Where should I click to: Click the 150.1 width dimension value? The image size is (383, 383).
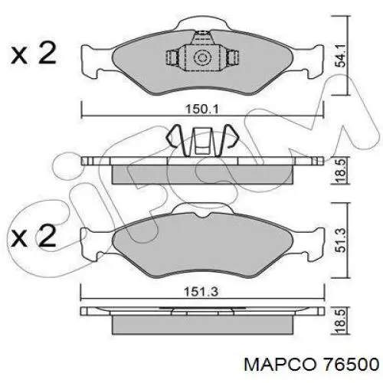(202, 110)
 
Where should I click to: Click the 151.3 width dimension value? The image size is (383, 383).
(202, 292)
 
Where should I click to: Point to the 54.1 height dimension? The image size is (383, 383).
(340, 55)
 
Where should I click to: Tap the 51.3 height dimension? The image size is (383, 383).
(340, 241)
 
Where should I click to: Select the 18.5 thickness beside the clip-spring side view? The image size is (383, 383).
(340, 170)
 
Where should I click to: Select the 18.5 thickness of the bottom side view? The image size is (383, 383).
(340, 321)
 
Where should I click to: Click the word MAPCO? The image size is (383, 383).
(280, 365)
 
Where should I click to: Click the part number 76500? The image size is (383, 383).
(351, 365)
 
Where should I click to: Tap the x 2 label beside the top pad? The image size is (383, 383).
(33, 53)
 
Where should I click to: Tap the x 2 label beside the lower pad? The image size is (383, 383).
(33, 236)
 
